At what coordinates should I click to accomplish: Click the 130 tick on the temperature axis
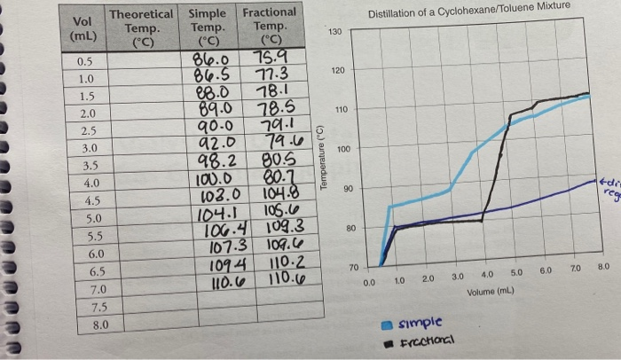(x=334, y=32)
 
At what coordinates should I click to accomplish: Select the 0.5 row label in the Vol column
(x=86, y=62)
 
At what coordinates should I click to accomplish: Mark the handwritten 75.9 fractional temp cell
(x=269, y=59)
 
